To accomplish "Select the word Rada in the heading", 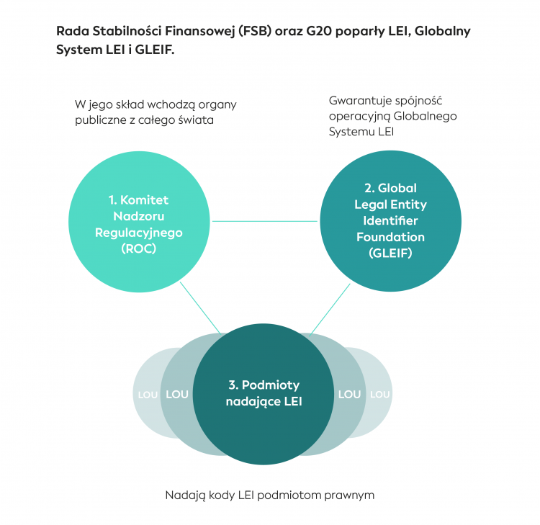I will coord(71,32).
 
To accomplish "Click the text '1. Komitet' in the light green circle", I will coord(138,199).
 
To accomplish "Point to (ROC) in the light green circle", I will coord(139,249).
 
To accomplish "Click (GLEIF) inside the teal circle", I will coord(390,253).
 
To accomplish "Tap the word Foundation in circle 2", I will coord(390,237).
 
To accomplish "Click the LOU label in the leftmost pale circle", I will coord(147,395).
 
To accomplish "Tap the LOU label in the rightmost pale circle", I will coord(379,395).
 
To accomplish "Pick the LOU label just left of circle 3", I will coord(177,395).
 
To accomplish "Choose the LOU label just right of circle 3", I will coord(349,395).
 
